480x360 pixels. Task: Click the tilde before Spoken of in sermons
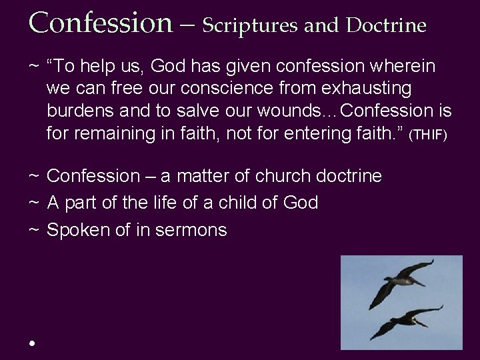click(x=33, y=231)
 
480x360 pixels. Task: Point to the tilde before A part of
click(x=33, y=203)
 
